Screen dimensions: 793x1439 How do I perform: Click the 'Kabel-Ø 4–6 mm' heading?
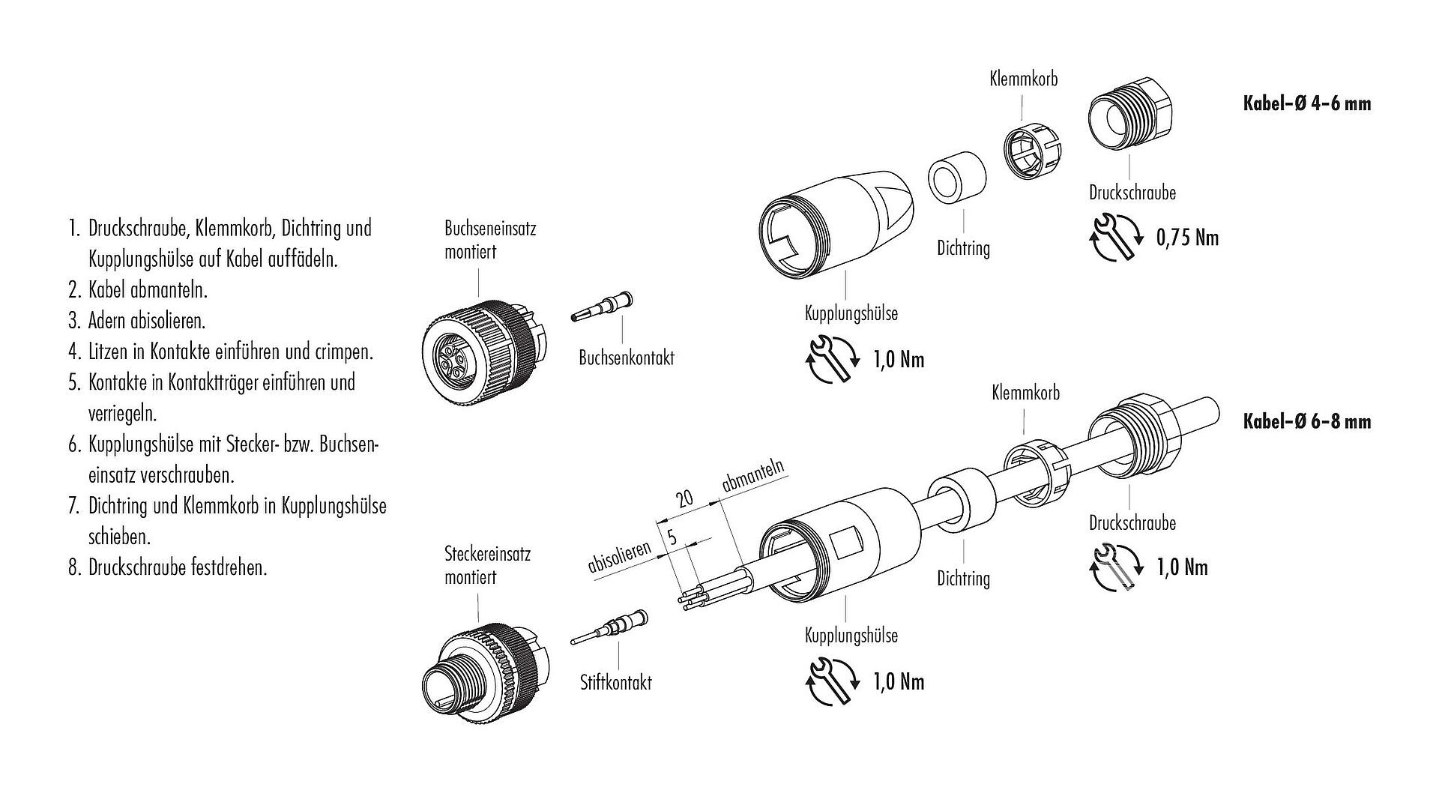(1306, 103)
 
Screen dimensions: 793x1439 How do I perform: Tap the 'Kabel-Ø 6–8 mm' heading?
(1306, 422)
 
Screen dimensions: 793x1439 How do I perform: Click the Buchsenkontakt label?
(626, 358)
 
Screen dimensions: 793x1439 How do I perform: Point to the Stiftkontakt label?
(615, 682)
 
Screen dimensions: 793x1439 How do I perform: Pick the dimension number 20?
(684, 498)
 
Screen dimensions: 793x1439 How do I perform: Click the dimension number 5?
(672, 537)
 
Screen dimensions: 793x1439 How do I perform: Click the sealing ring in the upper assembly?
(956, 181)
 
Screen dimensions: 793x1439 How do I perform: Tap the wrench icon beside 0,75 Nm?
(1114, 238)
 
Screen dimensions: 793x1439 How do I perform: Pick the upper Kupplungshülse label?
(851, 313)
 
